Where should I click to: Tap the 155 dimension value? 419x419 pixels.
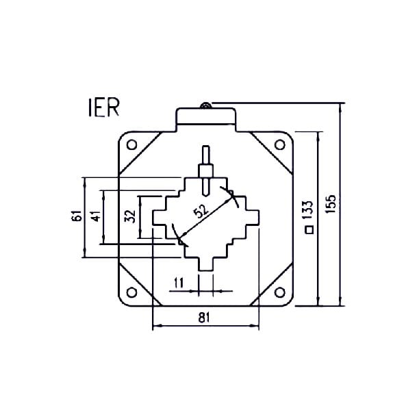tap(331, 205)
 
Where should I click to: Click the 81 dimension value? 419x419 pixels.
tap(204, 317)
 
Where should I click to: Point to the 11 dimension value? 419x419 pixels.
tap(179, 282)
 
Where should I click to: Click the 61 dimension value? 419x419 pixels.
tap(77, 216)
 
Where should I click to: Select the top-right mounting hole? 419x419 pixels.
tap(279, 144)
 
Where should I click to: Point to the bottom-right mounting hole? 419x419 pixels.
tap(279, 292)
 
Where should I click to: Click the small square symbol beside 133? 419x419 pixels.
tap(309, 230)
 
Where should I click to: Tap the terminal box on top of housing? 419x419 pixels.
tap(205, 117)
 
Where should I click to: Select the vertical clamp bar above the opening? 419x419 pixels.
tap(205, 168)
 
